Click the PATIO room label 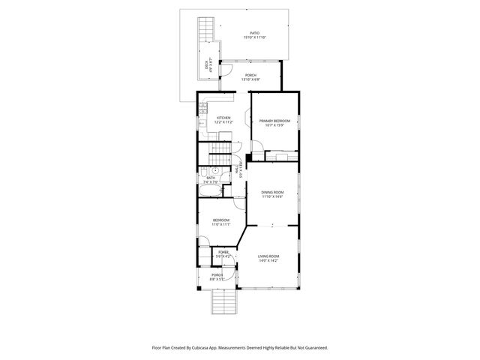click(x=254, y=33)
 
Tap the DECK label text click(x=208, y=65)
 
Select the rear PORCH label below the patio click(x=250, y=75)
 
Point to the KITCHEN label click(x=223, y=118)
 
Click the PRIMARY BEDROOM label click(x=274, y=121)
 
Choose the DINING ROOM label click(x=272, y=192)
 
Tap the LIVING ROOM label click(x=268, y=256)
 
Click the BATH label click(x=211, y=178)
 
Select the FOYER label click(x=223, y=253)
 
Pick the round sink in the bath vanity click(x=214, y=170)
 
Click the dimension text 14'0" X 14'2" click(x=268, y=261)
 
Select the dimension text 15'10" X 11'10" click(x=254, y=37)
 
